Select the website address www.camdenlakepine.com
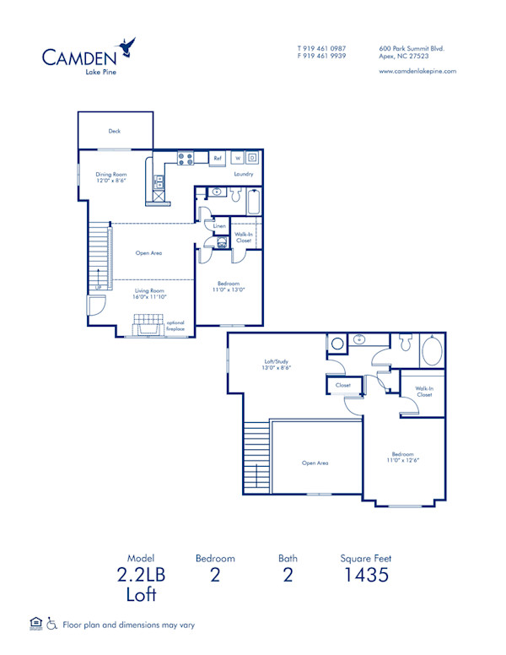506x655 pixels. [x=417, y=71]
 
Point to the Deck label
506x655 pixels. [x=114, y=131]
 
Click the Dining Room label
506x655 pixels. [x=110, y=174]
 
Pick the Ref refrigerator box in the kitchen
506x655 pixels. [x=217, y=158]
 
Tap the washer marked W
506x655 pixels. [x=238, y=158]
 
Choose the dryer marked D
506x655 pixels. [x=251, y=158]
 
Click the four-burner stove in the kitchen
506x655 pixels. [x=186, y=157]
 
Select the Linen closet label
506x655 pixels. [x=219, y=226]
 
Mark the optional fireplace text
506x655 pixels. [x=175, y=325]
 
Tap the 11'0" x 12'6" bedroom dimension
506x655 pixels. [x=403, y=460]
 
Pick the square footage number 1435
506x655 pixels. [x=365, y=577]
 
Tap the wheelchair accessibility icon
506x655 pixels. [x=51, y=625]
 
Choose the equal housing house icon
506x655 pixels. [x=35, y=624]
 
